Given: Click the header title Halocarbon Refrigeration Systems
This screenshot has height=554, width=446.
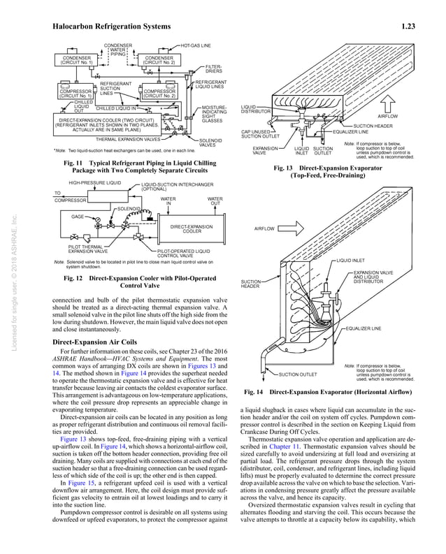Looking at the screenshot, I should pyautogui.click(x=112, y=27).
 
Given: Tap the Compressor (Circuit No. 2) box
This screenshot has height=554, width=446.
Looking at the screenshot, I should pyautogui.click(x=159, y=93).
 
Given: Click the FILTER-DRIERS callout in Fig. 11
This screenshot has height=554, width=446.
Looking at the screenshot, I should pyautogui.click(x=214, y=69).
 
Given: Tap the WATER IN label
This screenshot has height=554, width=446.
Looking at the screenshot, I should pyautogui.click(x=168, y=201).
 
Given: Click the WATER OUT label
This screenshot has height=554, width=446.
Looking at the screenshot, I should pyautogui.click(x=215, y=201).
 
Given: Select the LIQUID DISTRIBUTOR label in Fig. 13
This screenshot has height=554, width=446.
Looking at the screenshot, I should pyautogui.click(x=256, y=109).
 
